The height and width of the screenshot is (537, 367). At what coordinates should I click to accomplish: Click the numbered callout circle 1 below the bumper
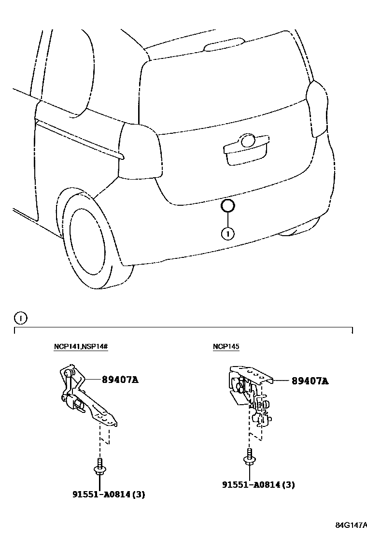click(227, 234)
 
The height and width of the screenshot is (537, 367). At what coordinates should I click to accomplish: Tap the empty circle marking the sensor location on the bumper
click(227, 206)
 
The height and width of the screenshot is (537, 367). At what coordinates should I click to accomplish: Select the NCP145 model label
click(226, 347)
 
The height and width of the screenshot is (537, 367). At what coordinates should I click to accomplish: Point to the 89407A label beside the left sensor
click(120, 380)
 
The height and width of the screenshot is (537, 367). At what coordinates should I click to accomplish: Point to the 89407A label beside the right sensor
click(310, 381)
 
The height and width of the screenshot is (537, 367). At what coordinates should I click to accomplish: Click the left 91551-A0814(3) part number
click(109, 494)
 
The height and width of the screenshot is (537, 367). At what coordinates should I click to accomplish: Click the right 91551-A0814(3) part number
click(259, 484)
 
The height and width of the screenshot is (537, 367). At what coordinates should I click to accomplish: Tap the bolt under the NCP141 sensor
click(99, 467)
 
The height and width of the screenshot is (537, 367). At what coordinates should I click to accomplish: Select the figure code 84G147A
click(351, 525)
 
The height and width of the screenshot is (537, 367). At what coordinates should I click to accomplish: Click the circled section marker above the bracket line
click(21, 318)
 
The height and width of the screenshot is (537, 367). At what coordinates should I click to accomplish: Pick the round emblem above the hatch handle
click(248, 141)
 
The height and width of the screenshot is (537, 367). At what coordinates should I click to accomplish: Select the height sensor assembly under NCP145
click(249, 394)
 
